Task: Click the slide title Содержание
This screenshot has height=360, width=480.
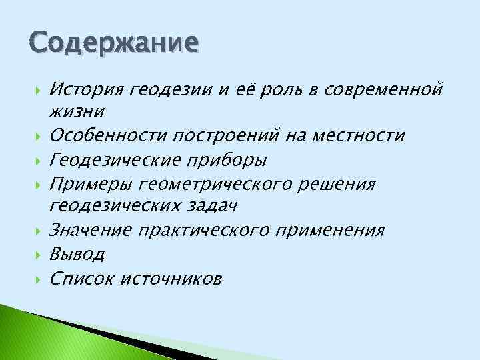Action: coord(113,43)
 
